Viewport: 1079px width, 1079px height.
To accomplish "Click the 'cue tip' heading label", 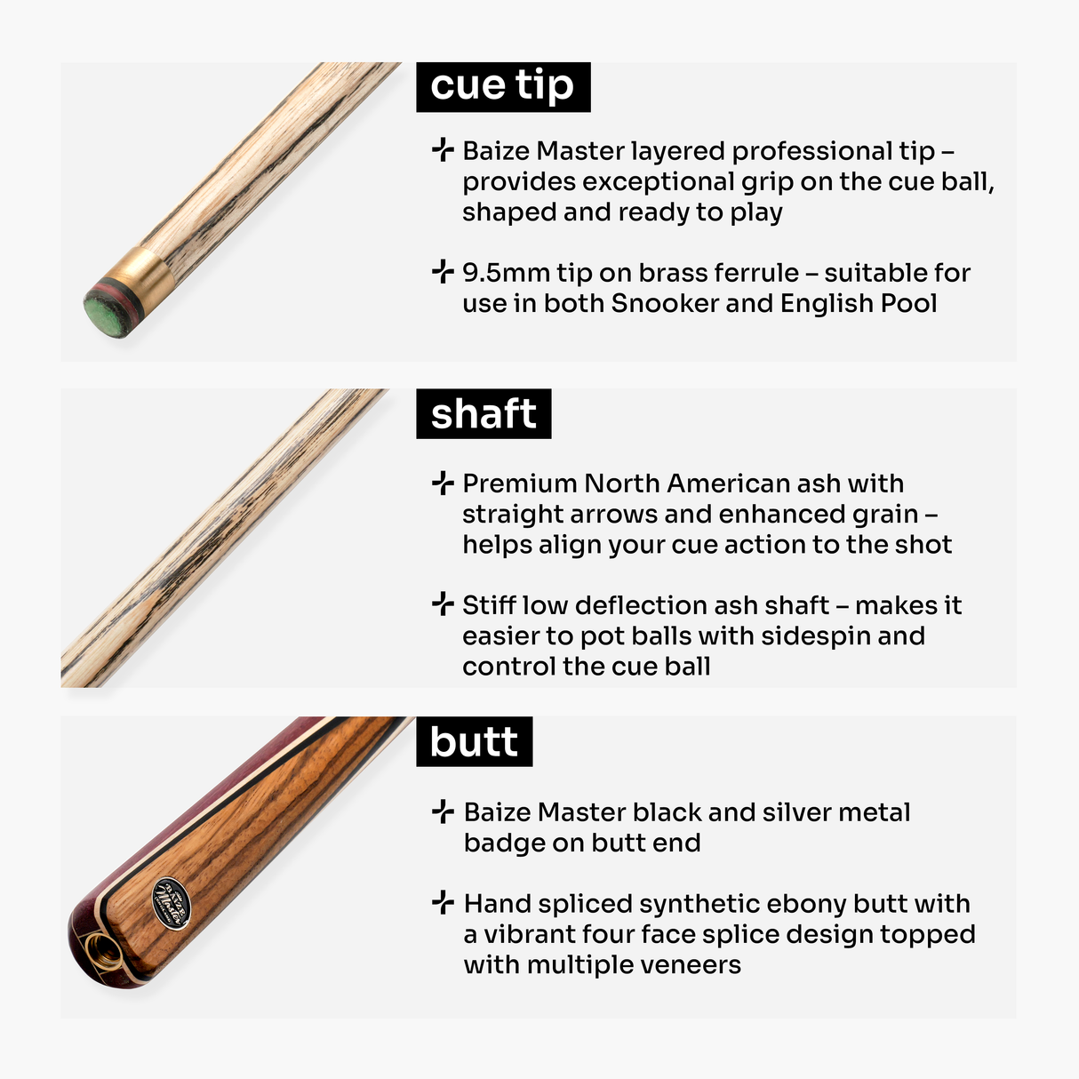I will coord(503,86).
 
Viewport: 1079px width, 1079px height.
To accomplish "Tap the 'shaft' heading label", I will coord(484,414).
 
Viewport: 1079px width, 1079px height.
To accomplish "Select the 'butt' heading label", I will coord(474,742).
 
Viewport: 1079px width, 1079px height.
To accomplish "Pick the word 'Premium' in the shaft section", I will coord(520,484).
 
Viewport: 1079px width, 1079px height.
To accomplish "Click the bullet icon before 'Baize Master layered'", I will coord(442,150).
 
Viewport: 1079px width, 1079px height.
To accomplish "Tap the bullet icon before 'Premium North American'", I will coord(442,483).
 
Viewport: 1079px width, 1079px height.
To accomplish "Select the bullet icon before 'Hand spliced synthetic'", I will coord(442,903).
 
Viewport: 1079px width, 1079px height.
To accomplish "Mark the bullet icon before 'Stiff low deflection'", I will coord(442,604).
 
